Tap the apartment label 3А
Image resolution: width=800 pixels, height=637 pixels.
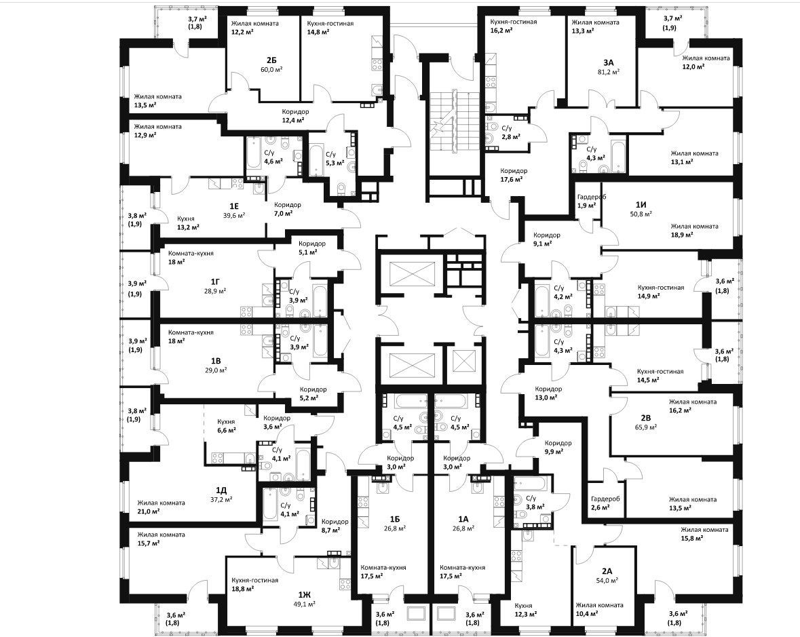[608, 62]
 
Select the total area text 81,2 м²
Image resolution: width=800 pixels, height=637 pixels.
[608, 72]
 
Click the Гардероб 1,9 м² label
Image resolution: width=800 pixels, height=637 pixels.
[591, 201]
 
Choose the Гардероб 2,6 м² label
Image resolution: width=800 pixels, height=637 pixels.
[605, 503]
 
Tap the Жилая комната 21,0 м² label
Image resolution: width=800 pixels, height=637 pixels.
[161, 507]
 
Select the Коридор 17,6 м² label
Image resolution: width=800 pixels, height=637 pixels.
[514, 175]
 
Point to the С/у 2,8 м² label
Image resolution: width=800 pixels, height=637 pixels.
[511, 132]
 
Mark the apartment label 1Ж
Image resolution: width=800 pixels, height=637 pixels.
[305, 594]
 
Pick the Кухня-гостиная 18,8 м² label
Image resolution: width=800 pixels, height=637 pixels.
[254, 584]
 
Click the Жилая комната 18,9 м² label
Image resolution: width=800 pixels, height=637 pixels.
[694, 231]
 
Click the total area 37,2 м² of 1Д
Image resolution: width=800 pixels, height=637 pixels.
[221, 499]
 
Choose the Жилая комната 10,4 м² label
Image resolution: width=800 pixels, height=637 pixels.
[599, 609]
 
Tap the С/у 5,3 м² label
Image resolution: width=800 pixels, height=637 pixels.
[331, 157]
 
